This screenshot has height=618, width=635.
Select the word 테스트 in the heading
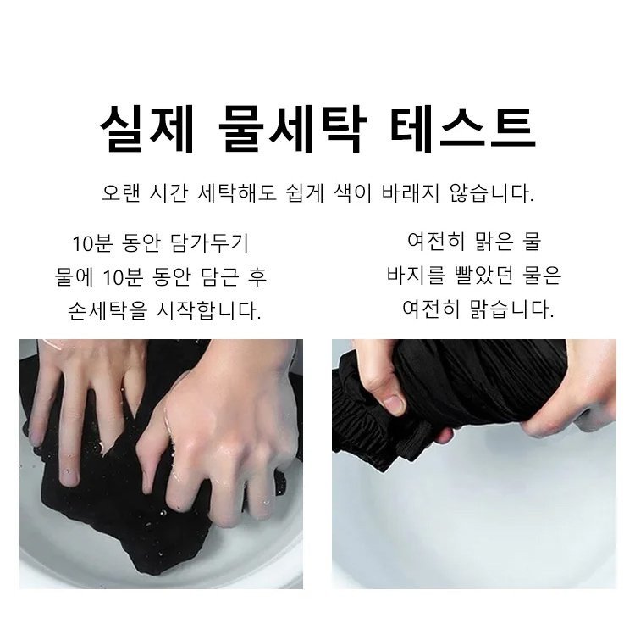coord(463,129)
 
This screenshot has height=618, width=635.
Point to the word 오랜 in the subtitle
coord(121,192)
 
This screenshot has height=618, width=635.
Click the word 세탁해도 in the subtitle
coord(237,192)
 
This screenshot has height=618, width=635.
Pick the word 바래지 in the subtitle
coord(411,192)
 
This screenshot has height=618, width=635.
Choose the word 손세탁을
coord(107,310)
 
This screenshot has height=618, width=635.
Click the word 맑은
coord(495,242)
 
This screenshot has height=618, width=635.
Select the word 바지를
coord(416,275)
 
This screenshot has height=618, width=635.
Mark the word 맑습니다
coord(512,309)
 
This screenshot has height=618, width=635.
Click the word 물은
coord(542,275)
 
